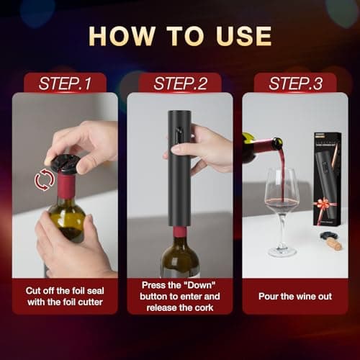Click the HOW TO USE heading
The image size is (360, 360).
(180, 36)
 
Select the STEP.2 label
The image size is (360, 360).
(180, 83)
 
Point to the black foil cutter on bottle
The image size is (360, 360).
(66, 164)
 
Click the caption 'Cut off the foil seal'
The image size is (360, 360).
(64, 290)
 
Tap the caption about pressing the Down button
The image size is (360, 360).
(180, 295)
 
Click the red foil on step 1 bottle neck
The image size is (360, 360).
(66, 187)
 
